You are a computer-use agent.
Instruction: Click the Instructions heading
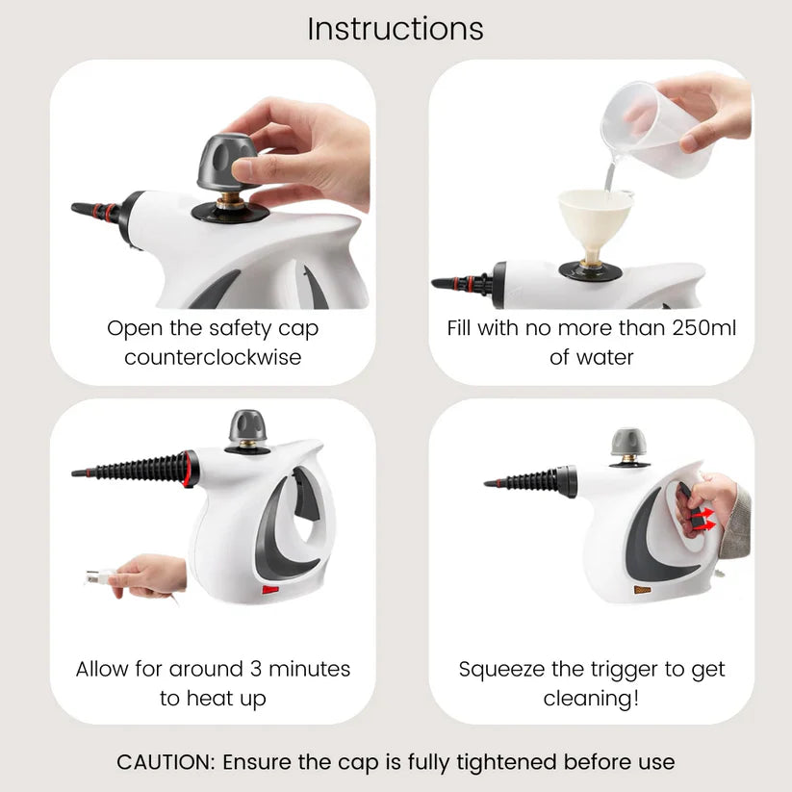[x=396, y=29]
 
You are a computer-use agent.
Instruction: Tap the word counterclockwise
[x=213, y=357]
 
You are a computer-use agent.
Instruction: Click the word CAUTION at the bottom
[x=166, y=762]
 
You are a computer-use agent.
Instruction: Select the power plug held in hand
[x=100, y=576]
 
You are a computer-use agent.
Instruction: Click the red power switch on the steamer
[x=270, y=589]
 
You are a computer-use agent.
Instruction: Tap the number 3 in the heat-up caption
[x=256, y=669]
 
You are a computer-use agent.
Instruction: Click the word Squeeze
[x=501, y=670]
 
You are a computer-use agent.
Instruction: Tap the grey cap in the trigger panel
[x=628, y=442]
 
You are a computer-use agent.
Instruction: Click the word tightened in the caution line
[x=506, y=763]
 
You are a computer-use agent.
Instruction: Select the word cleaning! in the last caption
[x=591, y=699]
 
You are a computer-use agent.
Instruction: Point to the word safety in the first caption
[x=240, y=329]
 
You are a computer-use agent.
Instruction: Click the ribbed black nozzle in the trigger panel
[x=530, y=481]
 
